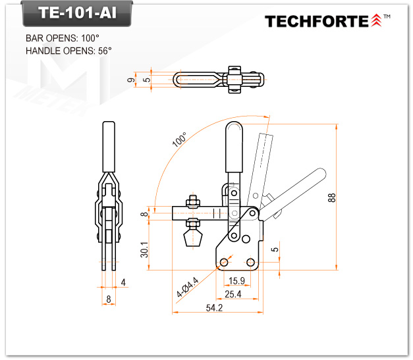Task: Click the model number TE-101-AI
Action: [x=77, y=13]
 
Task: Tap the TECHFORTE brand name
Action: [x=317, y=21]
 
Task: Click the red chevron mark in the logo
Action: [x=376, y=20]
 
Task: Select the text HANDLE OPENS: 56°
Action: [x=69, y=51]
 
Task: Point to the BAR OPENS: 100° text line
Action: [x=63, y=38]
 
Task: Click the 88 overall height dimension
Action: [x=332, y=197]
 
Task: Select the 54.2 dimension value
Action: [x=214, y=307]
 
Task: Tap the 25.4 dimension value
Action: [x=233, y=294]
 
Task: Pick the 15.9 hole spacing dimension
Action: [x=236, y=281]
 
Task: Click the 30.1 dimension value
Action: [x=144, y=249]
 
